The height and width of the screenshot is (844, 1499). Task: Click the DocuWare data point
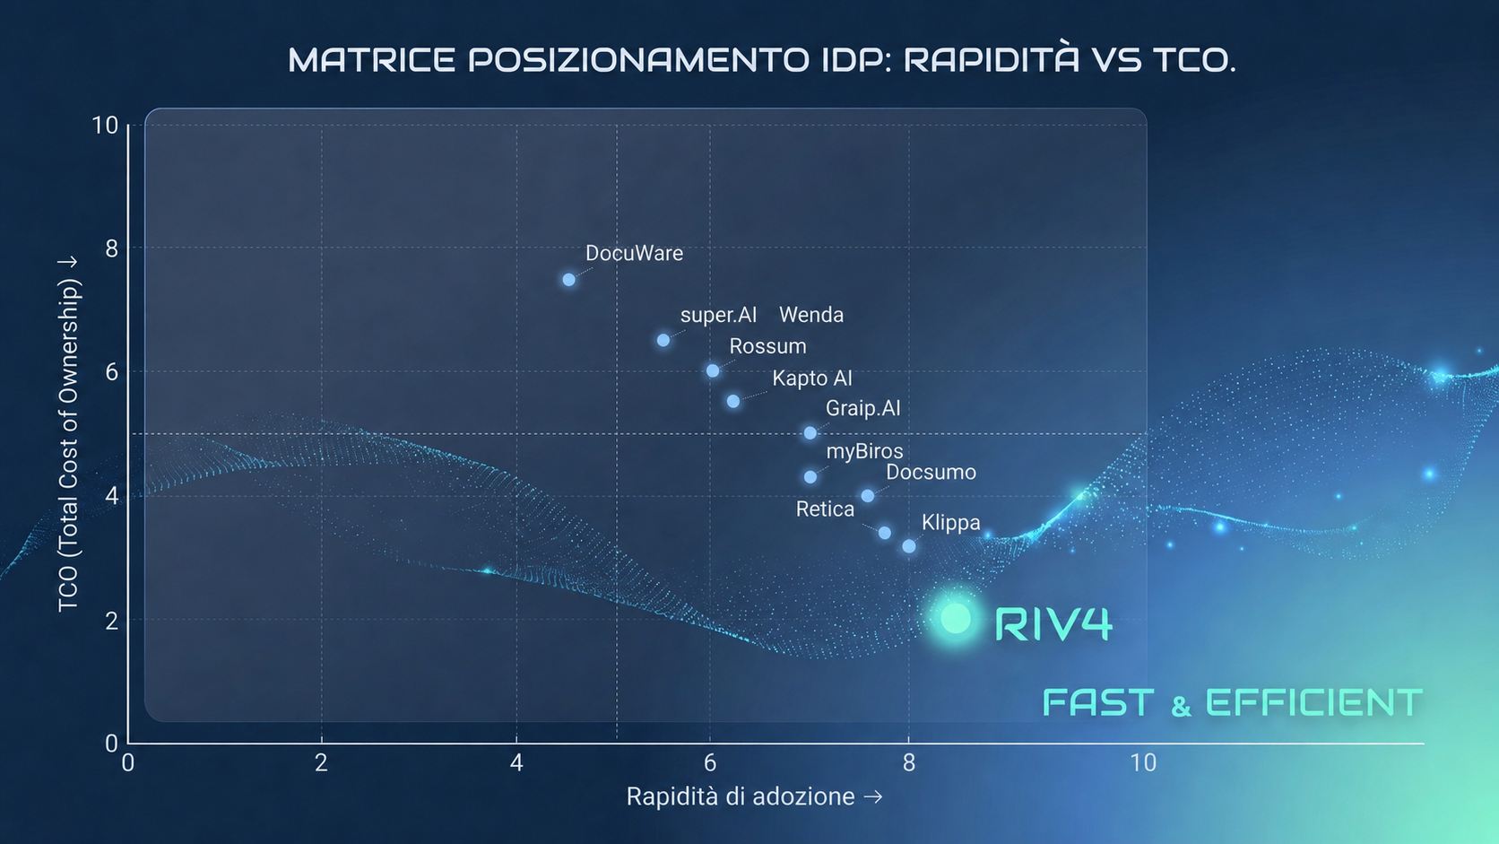click(x=568, y=280)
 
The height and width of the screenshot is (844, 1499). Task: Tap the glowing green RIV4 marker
click(x=956, y=619)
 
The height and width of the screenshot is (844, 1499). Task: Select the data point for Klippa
click(x=909, y=546)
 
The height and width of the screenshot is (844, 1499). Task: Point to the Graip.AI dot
click(x=810, y=433)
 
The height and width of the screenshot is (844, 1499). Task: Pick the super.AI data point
click(x=663, y=340)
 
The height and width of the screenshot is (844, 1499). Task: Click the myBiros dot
click(x=810, y=477)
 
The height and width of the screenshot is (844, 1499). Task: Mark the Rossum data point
click(x=713, y=370)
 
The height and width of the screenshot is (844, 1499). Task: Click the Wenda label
click(x=811, y=315)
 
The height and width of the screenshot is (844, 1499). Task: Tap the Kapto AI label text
click(x=812, y=378)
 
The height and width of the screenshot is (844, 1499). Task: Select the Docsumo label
click(x=931, y=472)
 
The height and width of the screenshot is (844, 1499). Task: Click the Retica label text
click(x=825, y=509)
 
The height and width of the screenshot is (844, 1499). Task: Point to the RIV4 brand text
click(x=1053, y=623)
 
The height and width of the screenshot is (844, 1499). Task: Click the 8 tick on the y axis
click(x=111, y=248)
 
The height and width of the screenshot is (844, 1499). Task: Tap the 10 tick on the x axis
click(x=1143, y=762)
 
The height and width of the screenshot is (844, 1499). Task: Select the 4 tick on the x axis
click(x=516, y=762)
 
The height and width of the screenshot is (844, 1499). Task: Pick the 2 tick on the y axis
click(x=111, y=621)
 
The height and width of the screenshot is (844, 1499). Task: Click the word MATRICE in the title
click(x=371, y=59)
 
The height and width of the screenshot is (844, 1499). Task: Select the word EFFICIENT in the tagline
click(x=1313, y=703)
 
